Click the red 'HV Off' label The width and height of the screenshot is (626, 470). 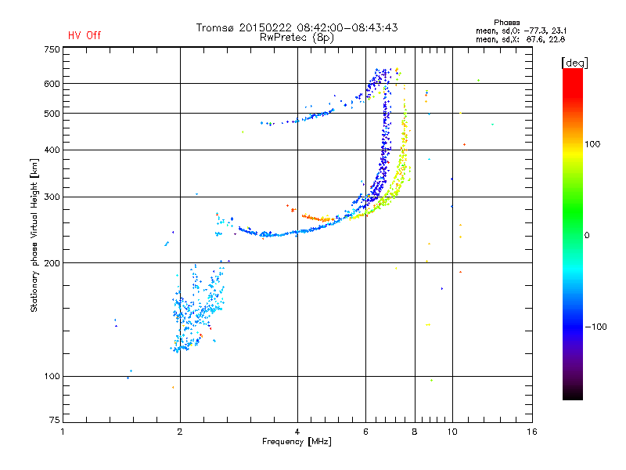coord(85,35)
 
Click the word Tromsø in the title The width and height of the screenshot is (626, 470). coord(215,27)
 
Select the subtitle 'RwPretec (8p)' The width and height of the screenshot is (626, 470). coord(297,38)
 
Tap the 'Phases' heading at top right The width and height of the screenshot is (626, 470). coord(506,23)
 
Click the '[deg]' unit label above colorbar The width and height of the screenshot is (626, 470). coord(574,63)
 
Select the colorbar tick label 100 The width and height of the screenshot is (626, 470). coord(592,144)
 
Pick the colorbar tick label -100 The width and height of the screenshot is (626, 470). coord(595,327)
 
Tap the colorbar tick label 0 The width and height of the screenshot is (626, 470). coord(587,236)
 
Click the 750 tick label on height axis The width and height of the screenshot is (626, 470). coord(52,49)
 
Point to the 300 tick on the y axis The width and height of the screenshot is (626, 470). coord(52,197)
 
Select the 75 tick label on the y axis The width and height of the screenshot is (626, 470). coord(55,420)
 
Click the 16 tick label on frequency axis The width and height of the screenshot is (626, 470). coord(532,432)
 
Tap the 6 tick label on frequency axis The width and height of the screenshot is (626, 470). coord(365,432)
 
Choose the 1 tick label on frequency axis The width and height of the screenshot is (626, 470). coord(63,432)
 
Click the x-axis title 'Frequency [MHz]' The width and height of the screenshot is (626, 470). coord(297,442)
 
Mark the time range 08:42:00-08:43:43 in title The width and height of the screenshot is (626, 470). coord(347,27)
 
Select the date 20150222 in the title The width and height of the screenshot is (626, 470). coord(266,27)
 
